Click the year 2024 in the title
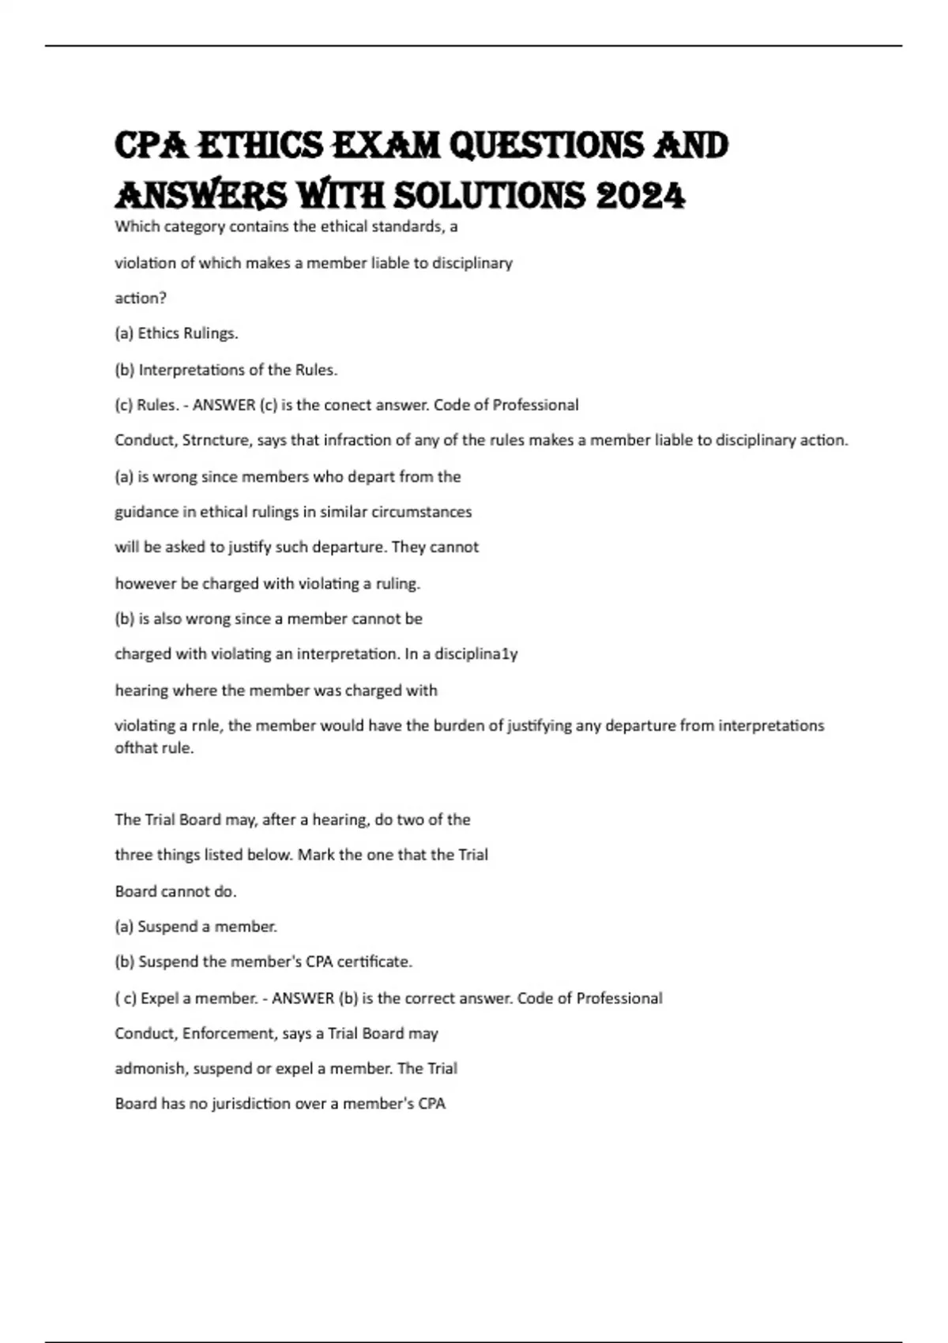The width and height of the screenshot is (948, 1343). pyautogui.click(x=641, y=195)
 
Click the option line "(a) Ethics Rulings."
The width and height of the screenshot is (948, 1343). pyautogui.click(x=176, y=333)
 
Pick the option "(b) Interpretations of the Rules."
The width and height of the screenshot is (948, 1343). pyautogui.click(x=226, y=370)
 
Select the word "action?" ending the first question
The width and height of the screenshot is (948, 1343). pyautogui.click(x=141, y=298)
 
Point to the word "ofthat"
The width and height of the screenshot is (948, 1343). pyautogui.click(x=136, y=747)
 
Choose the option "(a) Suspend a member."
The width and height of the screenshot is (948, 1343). pyautogui.click(x=196, y=927)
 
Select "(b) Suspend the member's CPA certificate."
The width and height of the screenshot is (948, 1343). pyautogui.click(x=264, y=962)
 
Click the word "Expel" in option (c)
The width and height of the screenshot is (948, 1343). pyautogui.click(x=160, y=999)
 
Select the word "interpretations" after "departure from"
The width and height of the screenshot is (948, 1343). pyautogui.click(x=771, y=725)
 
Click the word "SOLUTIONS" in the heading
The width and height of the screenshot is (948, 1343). pyautogui.click(x=490, y=195)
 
